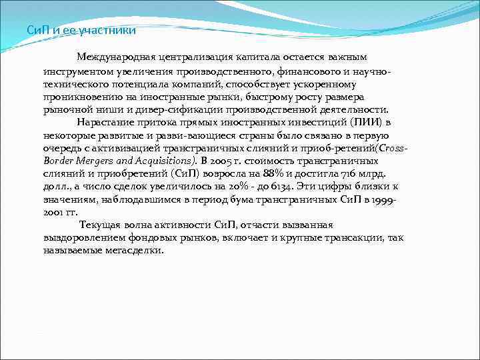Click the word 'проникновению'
[x=82, y=97]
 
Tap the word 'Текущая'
[x=100, y=225]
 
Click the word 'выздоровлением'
[x=85, y=238]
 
